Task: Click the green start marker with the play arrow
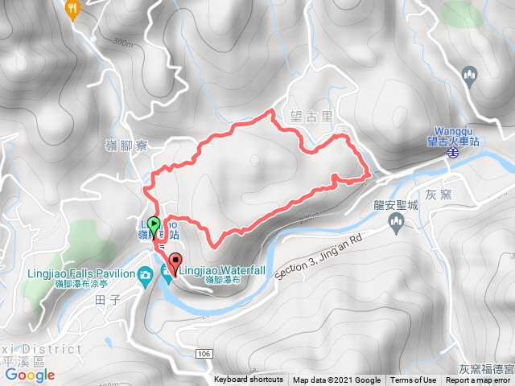(x=154, y=224)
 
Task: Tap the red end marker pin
(x=175, y=261)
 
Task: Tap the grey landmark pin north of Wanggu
(x=470, y=76)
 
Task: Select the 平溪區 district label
(x=19, y=361)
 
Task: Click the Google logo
(x=29, y=375)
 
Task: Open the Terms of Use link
(x=414, y=380)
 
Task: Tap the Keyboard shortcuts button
(x=249, y=380)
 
